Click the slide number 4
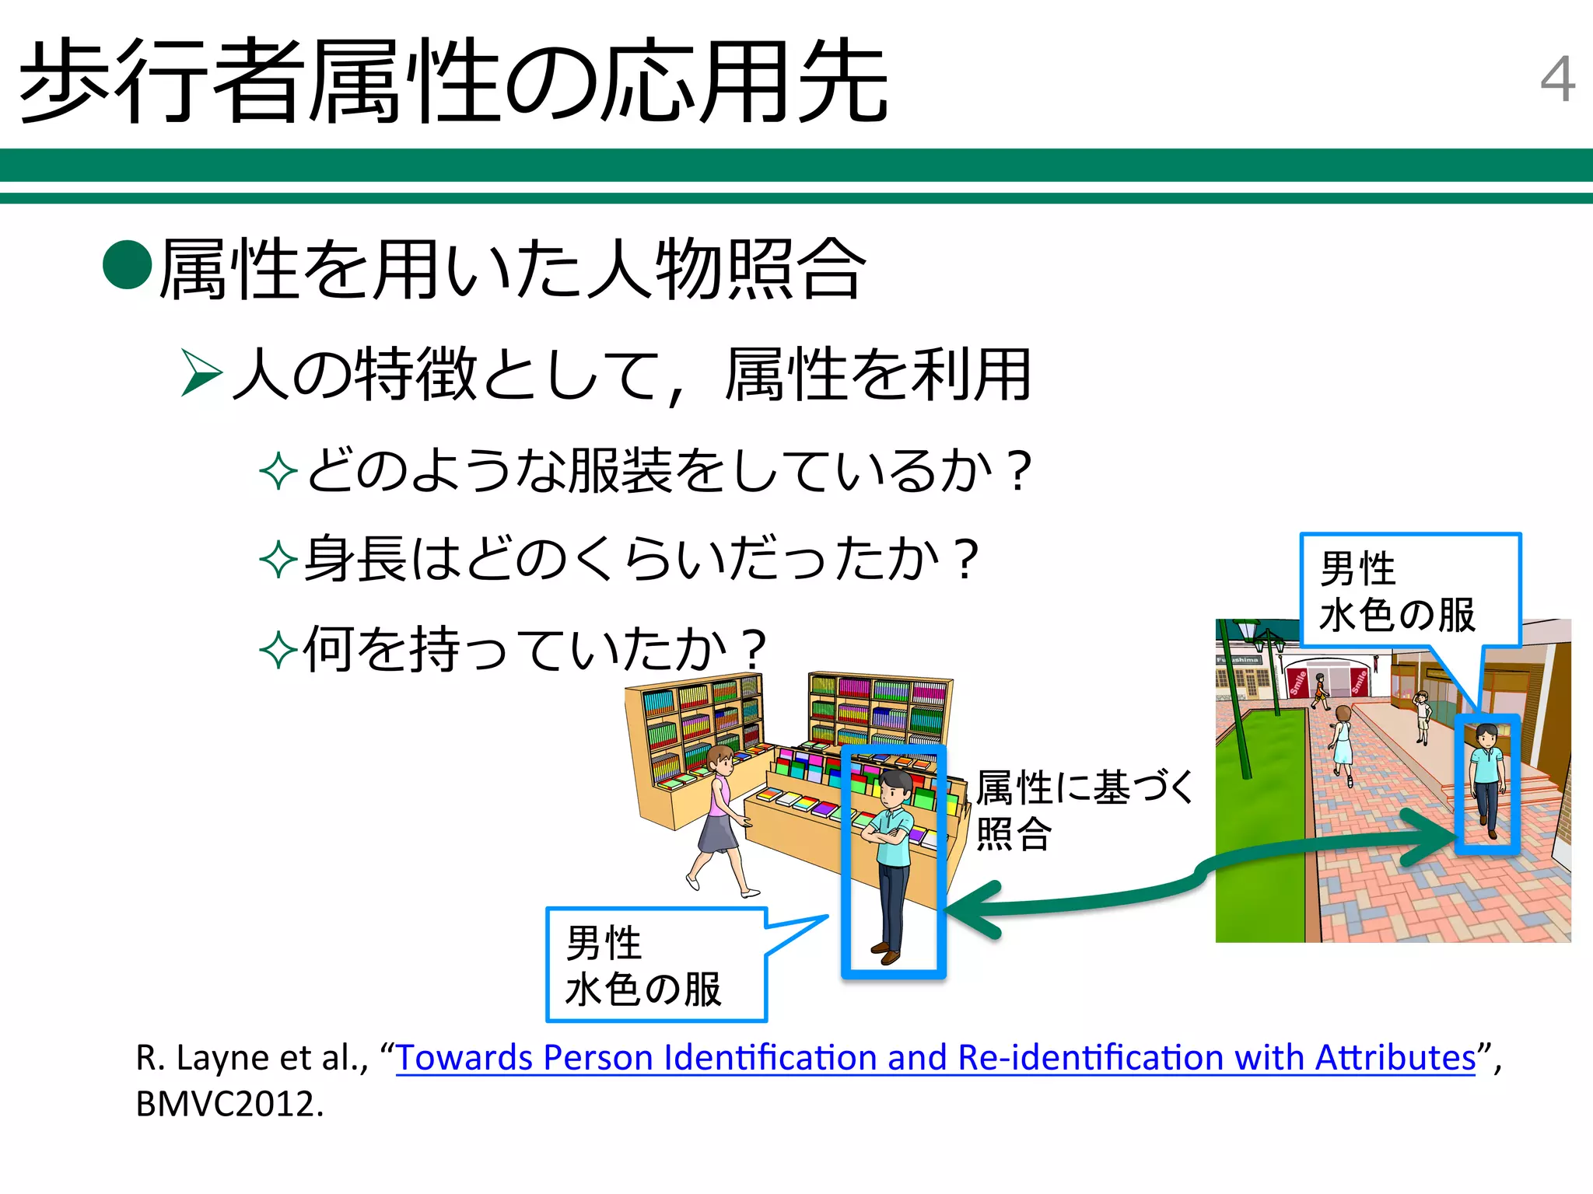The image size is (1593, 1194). [x=1557, y=79]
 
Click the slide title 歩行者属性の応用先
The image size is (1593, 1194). [x=453, y=82]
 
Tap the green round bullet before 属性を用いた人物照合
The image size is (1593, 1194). [x=127, y=264]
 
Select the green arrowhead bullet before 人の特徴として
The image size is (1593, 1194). [x=201, y=373]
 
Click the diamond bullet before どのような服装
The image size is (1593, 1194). [x=278, y=472]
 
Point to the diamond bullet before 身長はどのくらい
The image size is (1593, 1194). [x=278, y=560]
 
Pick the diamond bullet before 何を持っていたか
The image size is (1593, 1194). [x=278, y=650]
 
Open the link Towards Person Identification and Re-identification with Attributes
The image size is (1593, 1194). [x=936, y=1058]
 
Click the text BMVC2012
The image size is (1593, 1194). [x=229, y=1104]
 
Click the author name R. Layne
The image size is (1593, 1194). [x=204, y=1058]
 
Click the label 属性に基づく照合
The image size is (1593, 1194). [x=1083, y=809]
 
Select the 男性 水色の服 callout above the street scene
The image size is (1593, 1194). [x=1409, y=591]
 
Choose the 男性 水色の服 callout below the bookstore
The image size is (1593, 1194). [x=656, y=965]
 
